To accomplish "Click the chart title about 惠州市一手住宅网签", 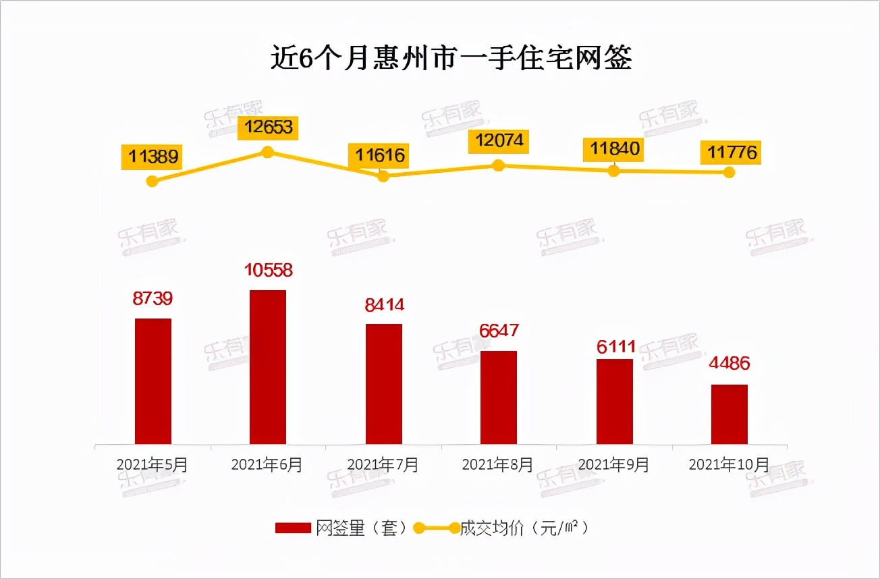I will [x=451, y=59].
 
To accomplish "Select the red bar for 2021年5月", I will [x=153, y=381].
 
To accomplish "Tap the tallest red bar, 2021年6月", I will [x=268, y=367].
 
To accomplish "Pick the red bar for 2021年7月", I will [x=383, y=384].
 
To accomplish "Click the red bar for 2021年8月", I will [x=499, y=397].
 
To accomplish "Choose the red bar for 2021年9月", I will [x=614, y=402].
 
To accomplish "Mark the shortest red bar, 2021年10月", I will [x=730, y=414].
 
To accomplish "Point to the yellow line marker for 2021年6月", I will [x=267, y=152].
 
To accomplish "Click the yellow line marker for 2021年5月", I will [x=153, y=181].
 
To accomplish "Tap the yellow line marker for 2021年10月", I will [x=729, y=172].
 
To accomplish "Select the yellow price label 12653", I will [x=269, y=127].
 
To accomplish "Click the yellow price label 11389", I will [x=154, y=157].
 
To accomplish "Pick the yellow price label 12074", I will [x=499, y=142].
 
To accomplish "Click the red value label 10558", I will [x=268, y=271].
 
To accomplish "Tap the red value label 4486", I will [x=730, y=364].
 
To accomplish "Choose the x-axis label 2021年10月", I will [x=728, y=465].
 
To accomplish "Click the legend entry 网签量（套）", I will [x=341, y=528].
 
